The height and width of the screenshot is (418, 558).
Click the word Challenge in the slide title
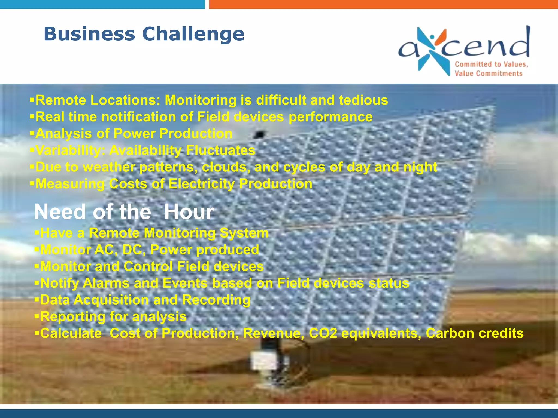click(193, 34)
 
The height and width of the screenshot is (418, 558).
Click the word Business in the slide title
click(89, 34)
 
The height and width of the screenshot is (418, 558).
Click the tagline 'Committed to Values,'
click(491, 64)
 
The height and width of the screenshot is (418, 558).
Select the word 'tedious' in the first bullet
click(363, 100)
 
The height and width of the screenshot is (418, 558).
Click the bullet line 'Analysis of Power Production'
click(134, 134)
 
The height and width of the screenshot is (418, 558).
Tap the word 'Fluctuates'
click(221, 150)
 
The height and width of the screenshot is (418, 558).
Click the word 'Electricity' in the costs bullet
click(201, 184)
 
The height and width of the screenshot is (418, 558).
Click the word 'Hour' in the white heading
click(189, 212)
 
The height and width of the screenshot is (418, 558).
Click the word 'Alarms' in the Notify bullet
click(106, 283)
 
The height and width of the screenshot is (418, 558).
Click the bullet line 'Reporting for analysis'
click(113, 317)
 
